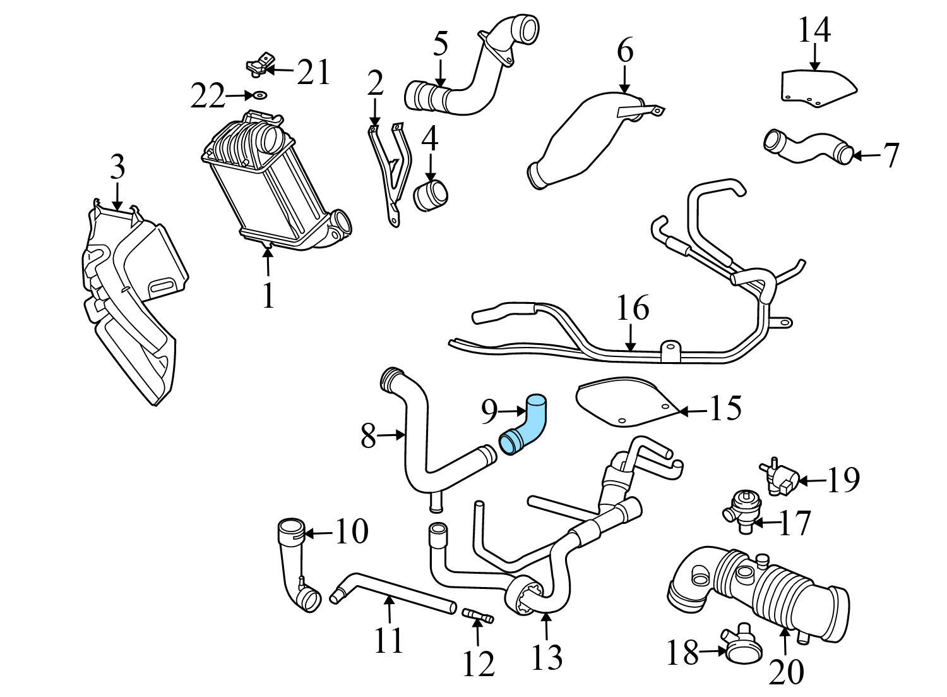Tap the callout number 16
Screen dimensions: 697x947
[x=632, y=309]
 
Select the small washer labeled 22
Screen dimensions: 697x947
[x=259, y=96]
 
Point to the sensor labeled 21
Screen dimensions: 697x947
[x=258, y=66]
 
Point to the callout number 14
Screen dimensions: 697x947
[x=814, y=30]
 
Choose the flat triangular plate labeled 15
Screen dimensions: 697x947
[x=625, y=403]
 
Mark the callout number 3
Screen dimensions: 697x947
[x=117, y=167]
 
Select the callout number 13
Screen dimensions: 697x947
[x=546, y=657]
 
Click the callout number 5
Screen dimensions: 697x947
[x=441, y=44]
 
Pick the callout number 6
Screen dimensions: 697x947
[x=624, y=51]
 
